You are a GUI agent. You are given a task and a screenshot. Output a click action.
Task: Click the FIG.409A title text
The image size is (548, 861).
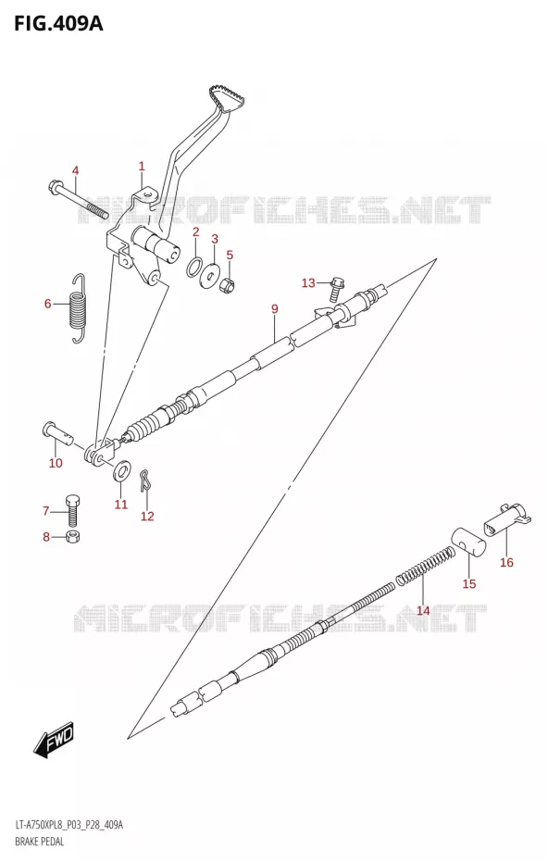pos(58,24)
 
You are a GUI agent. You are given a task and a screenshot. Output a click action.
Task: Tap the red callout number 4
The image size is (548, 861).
pos(75,170)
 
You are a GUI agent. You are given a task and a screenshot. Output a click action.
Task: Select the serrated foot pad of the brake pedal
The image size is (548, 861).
pos(226,98)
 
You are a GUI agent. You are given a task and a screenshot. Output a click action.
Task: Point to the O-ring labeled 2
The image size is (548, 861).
pos(194,267)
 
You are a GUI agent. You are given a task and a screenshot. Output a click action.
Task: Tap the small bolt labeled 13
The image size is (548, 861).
pos(335,289)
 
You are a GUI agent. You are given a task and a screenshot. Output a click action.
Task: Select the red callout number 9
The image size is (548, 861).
pos(275,309)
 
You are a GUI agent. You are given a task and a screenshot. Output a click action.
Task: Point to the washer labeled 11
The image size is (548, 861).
pos(122,470)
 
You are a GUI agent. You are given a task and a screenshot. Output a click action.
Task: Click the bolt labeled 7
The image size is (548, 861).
pos(72,509)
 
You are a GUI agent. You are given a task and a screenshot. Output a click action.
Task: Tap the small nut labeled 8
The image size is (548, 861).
pos(70,536)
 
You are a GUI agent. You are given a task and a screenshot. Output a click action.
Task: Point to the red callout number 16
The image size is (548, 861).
pos(506,562)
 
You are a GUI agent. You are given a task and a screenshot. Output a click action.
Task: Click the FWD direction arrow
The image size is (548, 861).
pos(54,742)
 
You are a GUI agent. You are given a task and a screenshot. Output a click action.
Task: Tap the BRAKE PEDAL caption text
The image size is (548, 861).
pos(40,842)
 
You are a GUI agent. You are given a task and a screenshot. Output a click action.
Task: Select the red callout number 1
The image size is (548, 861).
pos(142,166)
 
